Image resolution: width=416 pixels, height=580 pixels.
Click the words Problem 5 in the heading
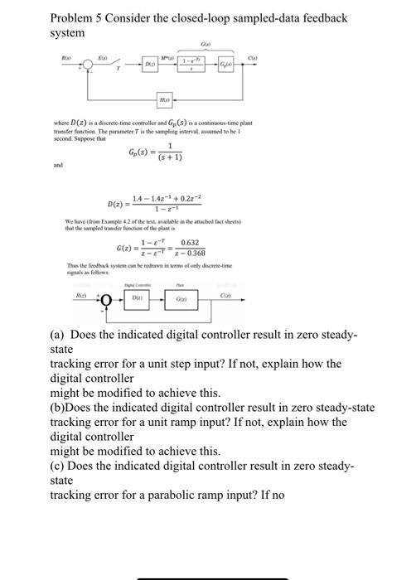(78, 17)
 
